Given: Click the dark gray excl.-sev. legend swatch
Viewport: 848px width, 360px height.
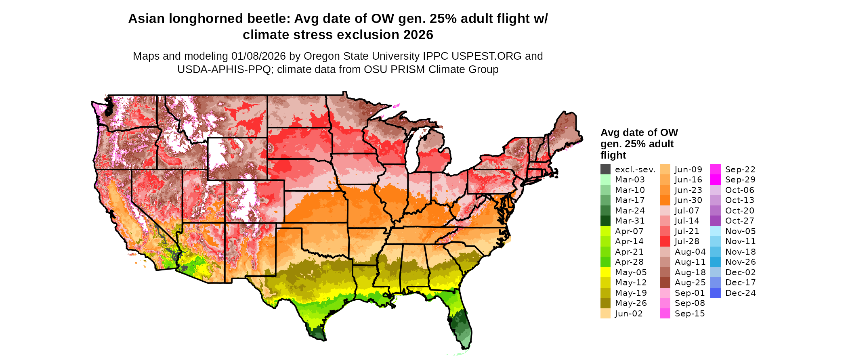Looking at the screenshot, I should [605, 170].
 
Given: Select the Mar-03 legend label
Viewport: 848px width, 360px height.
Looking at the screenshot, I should [630, 180].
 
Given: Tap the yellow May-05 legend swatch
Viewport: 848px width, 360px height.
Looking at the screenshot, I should [605, 272].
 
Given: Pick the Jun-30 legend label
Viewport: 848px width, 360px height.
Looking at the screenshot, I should [688, 200].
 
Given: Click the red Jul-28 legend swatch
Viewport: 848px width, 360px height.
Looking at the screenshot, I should [665, 241].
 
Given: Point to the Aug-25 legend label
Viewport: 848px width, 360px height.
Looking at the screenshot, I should [690, 283].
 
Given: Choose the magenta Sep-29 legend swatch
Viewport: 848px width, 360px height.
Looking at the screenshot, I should [715, 180].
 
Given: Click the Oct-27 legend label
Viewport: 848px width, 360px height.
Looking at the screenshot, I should [739, 221].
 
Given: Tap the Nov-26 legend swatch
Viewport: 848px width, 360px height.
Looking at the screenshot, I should [715, 262].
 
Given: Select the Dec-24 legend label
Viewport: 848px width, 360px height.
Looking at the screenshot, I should [740, 293].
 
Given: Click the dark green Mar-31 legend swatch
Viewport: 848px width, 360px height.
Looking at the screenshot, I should [605, 221].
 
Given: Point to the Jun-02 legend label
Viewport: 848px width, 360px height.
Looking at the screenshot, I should [629, 314].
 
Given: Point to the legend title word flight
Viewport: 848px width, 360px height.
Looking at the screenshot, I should [613, 155].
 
